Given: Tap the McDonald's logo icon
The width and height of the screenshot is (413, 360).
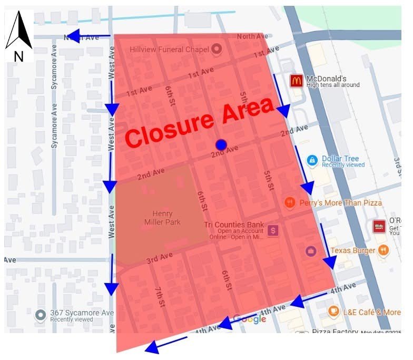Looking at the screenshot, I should (x=297, y=81).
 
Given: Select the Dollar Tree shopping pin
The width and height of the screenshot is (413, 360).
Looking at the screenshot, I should (x=312, y=160).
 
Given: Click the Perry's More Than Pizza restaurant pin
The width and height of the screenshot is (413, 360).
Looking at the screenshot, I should (x=290, y=203).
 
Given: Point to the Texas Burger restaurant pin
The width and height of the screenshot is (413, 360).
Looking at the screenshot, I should (x=383, y=250).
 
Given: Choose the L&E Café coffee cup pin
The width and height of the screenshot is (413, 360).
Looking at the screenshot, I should (x=333, y=312).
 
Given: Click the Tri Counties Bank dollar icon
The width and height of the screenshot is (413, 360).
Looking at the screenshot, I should (x=273, y=230).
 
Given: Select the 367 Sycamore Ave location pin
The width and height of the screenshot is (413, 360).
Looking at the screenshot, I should (x=41, y=315).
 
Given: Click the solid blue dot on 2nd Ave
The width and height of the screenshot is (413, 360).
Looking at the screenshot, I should (x=221, y=144).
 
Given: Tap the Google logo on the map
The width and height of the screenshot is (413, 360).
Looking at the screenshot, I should (x=249, y=319).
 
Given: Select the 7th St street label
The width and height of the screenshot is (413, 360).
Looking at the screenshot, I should (x=160, y=298).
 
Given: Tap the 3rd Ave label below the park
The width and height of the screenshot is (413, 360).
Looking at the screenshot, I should (x=160, y=258).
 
